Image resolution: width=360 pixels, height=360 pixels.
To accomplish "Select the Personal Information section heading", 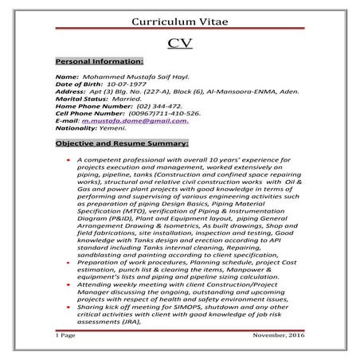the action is tap(100, 61).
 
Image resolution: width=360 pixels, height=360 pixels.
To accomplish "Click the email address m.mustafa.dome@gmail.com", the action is tap(140, 120).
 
